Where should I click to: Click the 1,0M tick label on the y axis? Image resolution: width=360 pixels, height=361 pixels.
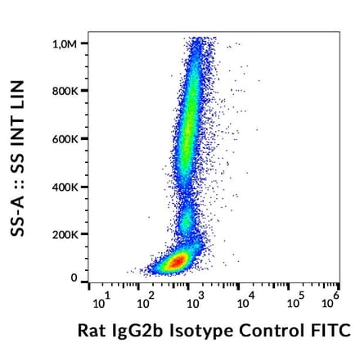tap(65, 43)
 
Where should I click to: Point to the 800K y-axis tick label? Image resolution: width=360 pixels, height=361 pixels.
tap(65, 91)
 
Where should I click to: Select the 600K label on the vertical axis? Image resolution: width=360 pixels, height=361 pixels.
tap(65, 139)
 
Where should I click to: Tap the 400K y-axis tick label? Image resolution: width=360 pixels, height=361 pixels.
tap(65, 187)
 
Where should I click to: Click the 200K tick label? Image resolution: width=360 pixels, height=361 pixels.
tap(65, 235)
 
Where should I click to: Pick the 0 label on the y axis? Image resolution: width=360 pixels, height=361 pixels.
tap(74, 278)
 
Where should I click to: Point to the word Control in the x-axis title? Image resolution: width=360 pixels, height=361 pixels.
tap(273, 332)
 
